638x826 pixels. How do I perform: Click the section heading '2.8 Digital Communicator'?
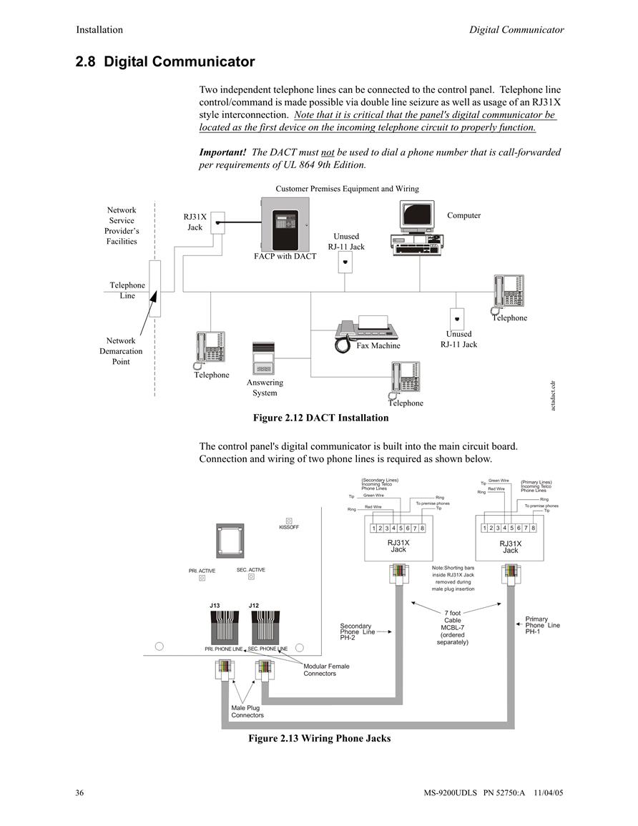pyautogui.click(x=165, y=62)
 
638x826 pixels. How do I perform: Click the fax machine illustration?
pyautogui.click(x=367, y=333)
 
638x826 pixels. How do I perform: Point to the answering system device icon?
pyautogui.click(x=263, y=358)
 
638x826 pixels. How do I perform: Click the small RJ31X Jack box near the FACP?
pyautogui.click(x=217, y=223)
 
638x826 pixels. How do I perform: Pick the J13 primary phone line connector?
pyautogui.click(x=225, y=626)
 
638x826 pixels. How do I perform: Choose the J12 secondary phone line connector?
pyautogui.click(x=265, y=626)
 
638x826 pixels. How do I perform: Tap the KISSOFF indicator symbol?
pyautogui.click(x=289, y=521)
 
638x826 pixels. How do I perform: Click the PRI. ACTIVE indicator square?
pyautogui.click(x=202, y=578)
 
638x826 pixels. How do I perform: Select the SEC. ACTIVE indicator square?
pyautogui.click(x=251, y=577)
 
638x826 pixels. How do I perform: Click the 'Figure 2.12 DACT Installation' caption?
pyautogui.click(x=321, y=418)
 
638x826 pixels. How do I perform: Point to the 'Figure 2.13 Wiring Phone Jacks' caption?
pyautogui.click(x=320, y=738)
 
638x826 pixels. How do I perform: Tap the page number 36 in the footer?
pyautogui.click(x=79, y=792)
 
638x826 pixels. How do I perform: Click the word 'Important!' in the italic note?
pyautogui.click(x=222, y=152)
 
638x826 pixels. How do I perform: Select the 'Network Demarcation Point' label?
pyautogui.click(x=121, y=351)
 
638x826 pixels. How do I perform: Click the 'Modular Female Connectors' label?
pyautogui.click(x=326, y=669)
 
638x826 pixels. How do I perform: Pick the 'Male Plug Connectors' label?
pyautogui.click(x=247, y=711)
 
